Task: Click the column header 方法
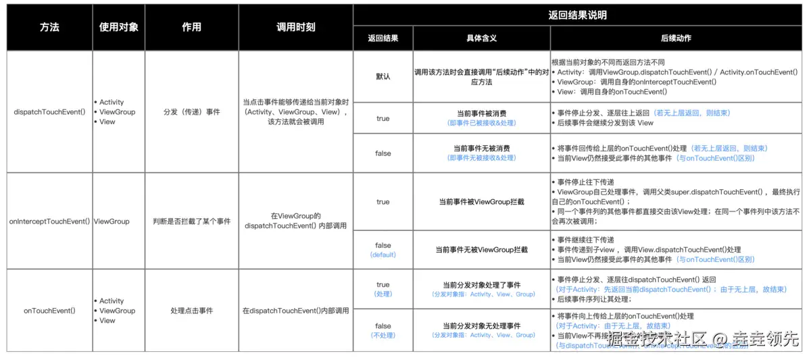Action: [x=49, y=28]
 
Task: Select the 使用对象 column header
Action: [x=118, y=28]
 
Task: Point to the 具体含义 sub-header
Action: [x=481, y=38]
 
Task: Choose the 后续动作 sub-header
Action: [x=676, y=38]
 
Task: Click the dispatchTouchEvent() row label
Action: [x=49, y=112]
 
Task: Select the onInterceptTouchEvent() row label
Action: [x=49, y=221]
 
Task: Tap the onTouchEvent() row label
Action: [x=49, y=311]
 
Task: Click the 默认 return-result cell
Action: [x=383, y=76]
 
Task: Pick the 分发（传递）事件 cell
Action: [x=192, y=112]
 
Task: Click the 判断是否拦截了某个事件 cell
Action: [x=192, y=221]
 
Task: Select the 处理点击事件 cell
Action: [x=192, y=311]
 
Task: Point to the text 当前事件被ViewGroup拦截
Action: [x=481, y=201]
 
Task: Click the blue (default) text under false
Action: [x=383, y=255]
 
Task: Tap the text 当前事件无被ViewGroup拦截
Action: [x=481, y=249]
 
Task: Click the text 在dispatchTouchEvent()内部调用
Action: [x=295, y=311]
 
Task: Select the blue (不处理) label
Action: [x=383, y=335]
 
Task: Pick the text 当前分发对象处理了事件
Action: [x=481, y=285]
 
